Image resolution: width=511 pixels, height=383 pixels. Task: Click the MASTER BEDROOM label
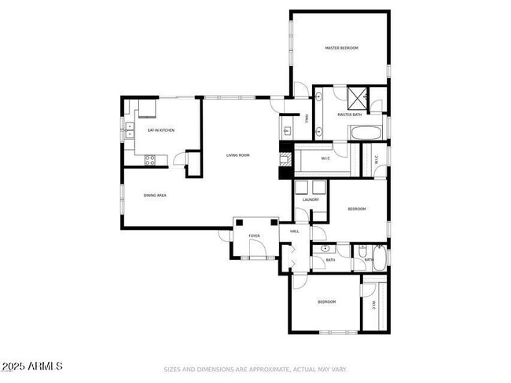point(342,48)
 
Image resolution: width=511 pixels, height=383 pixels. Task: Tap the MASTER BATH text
point(350,115)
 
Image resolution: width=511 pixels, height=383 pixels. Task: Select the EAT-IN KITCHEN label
point(161,130)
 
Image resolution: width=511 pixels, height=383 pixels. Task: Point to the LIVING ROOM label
point(238,155)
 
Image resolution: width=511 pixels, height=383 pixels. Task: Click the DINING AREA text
point(154,195)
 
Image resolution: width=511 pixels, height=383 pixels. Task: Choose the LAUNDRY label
point(309,200)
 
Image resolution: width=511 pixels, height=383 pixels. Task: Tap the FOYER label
point(255,235)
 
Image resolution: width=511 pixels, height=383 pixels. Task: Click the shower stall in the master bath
point(358,99)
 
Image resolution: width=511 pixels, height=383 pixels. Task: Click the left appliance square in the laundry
point(302,188)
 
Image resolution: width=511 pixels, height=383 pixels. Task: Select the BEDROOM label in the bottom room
point(326,302)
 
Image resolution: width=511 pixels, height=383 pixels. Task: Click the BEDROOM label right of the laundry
point(357,209)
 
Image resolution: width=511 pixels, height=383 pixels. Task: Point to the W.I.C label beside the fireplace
point(325,159)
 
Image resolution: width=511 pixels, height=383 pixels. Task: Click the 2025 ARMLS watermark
point(32,367)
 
